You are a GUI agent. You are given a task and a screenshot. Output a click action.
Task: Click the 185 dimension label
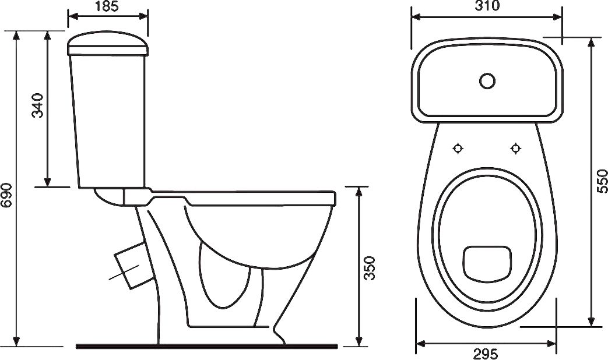107,6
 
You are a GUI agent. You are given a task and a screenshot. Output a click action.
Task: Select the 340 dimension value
38,105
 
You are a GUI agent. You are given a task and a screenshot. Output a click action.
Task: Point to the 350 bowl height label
370,268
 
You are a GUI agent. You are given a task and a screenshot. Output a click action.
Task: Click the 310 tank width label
487,6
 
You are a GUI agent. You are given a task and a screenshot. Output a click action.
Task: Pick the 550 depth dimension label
602,181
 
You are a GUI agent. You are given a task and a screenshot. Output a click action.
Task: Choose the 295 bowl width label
486,354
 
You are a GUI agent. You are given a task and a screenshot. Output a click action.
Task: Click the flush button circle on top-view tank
487,81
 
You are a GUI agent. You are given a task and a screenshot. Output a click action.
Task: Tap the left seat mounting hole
459,149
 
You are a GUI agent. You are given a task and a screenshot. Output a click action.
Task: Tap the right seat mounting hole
515,149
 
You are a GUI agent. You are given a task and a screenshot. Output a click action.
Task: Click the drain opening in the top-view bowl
487,263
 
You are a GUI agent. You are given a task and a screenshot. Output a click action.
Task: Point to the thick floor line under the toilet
206,346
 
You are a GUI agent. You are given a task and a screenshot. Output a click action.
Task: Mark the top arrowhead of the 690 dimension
16,36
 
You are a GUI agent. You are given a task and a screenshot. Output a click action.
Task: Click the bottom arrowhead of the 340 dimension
47,182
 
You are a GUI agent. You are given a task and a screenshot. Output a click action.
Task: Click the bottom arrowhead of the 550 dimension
591,322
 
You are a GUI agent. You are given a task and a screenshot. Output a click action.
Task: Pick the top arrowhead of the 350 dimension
359,192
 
